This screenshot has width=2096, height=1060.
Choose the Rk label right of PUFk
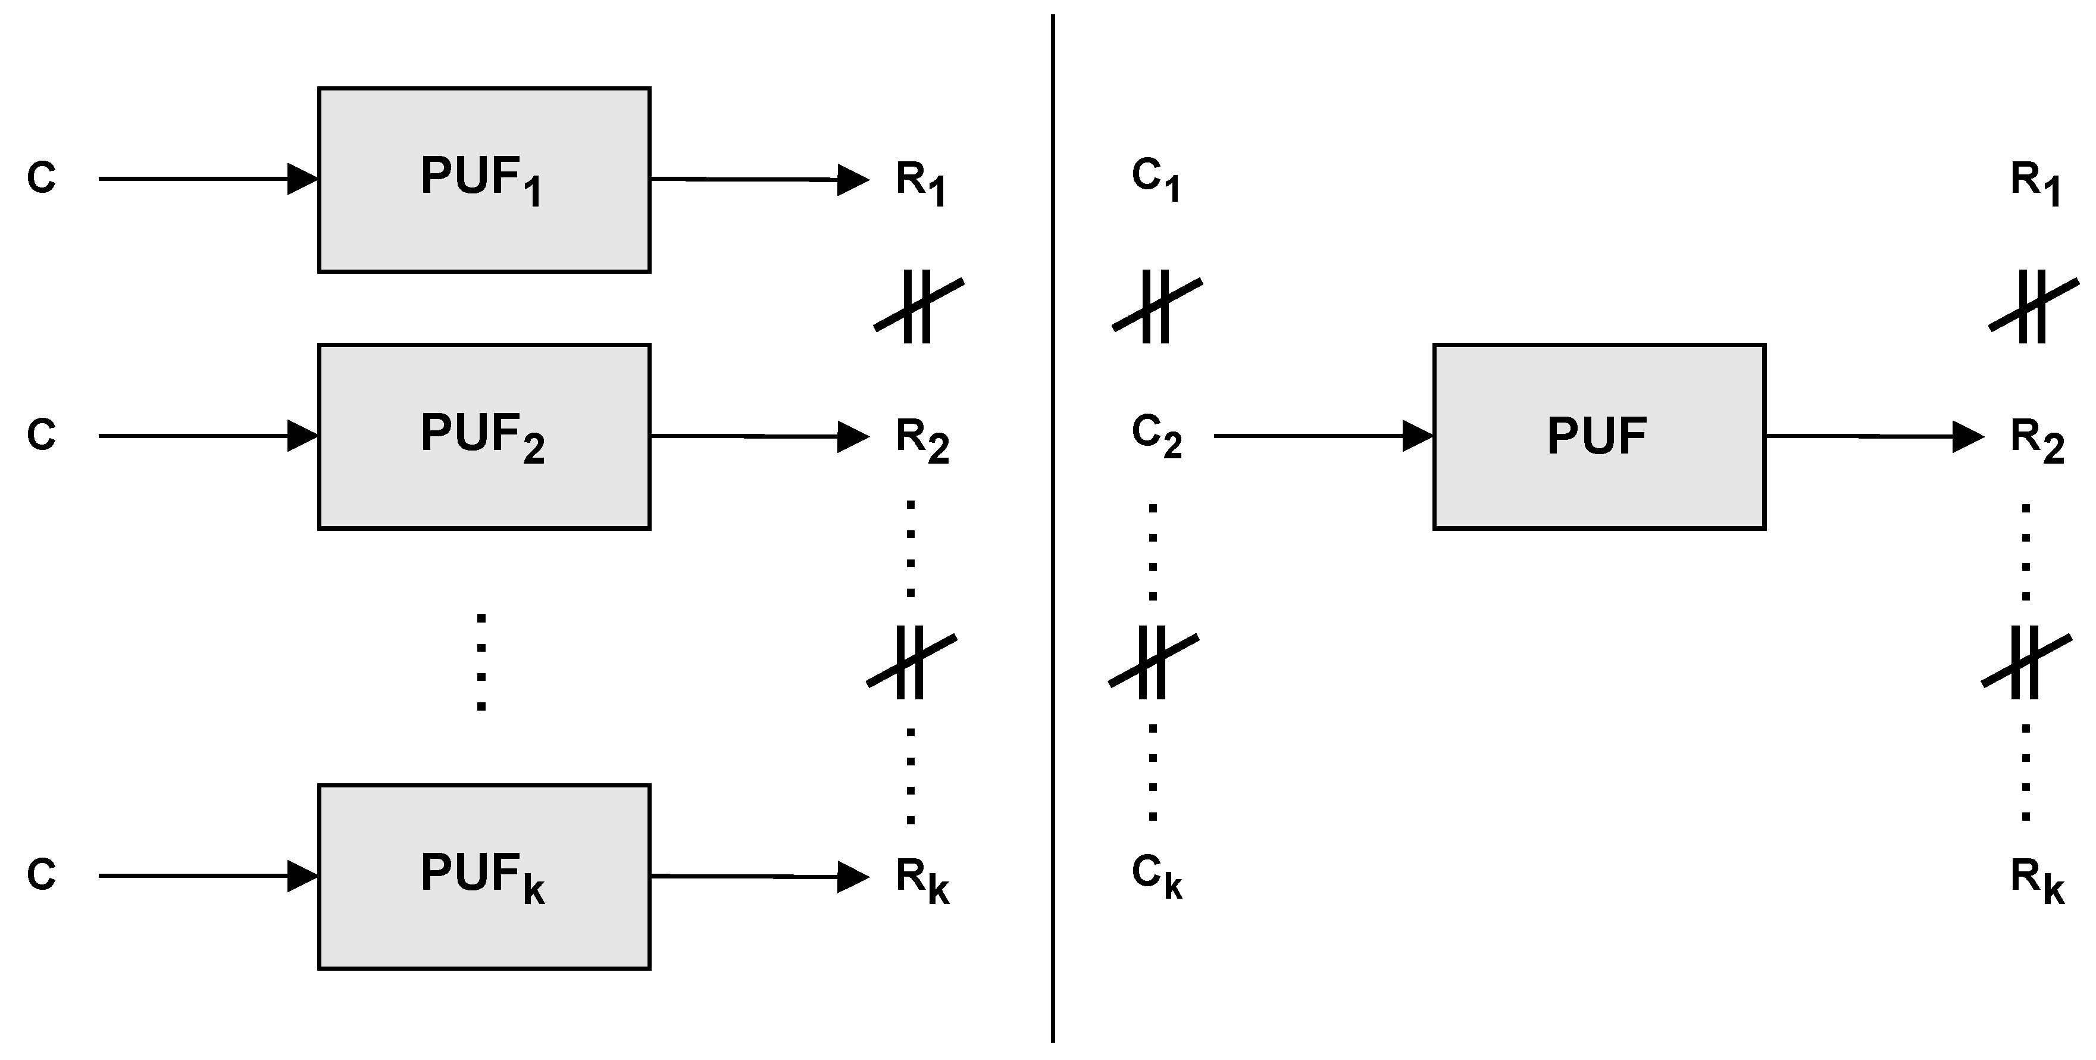(x=922, y=880)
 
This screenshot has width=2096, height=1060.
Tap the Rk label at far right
(x=2036, y=880)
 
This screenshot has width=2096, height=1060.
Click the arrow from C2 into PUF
(x=1322, y=436)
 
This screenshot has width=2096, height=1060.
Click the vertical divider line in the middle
(x=1053, y=529)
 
